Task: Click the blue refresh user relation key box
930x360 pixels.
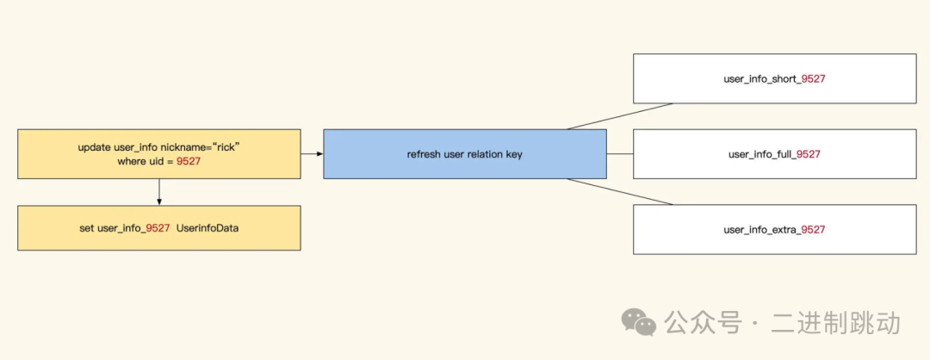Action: [465, 154]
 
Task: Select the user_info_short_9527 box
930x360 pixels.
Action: [774, 78]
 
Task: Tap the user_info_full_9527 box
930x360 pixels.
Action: [774, 154]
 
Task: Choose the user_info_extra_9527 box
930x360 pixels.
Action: [774, 229]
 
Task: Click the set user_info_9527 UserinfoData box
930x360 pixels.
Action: [159, 228]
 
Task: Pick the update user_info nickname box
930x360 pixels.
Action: [159, 154]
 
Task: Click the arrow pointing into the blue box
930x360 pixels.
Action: [313, 154]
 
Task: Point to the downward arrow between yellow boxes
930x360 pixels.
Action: [159, 193]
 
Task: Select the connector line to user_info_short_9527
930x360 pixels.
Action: [620, 116]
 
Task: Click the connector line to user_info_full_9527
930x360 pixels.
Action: [620, 154]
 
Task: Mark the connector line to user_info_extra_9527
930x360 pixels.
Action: [620, 192]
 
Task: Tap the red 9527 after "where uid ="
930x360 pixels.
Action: [189, 162]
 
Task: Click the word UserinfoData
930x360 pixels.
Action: [208, 229]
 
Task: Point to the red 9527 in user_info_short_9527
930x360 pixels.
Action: [814, 79]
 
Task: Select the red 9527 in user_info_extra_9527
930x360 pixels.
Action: [813, 230]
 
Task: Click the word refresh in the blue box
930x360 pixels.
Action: [423, 154]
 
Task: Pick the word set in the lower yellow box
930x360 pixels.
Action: [86, 229]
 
